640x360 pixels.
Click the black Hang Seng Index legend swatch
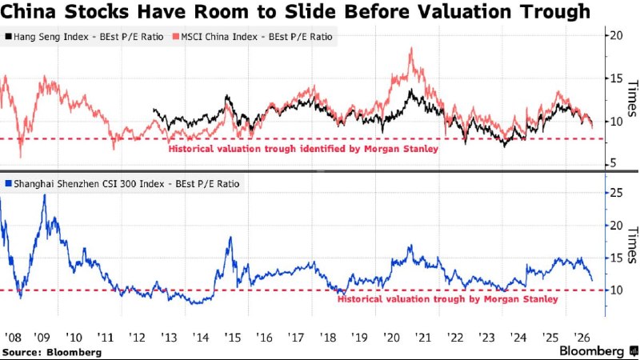click(x=8, y=36)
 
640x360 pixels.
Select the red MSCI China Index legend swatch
click(x=175, y=36)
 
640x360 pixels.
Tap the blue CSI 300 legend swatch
click(x=8, y=184)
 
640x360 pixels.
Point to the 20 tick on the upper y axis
click(x=616, y=35)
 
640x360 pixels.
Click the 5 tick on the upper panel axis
click(x=613, y=164)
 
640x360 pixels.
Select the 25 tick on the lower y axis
click(x=616, y=192)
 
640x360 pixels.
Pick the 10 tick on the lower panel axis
click(x=616, y=290)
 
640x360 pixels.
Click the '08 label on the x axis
click(x=13, y=338)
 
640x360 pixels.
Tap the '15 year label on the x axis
click(x=233, y=338)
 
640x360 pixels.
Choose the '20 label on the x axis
click(x=391, y=338)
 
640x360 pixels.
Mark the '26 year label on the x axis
click(x=582, y=338)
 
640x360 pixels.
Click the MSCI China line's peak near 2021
click(x=411, y=49)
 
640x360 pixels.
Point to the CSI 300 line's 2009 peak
click(x=45, y=195)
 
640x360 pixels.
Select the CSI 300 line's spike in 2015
click(x=231, y=237)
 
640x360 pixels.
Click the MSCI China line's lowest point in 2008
click(x=21, y=156)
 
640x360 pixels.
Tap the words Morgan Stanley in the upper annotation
click(x=401, y=149)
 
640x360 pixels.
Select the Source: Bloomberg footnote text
click(x=52, y=352)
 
